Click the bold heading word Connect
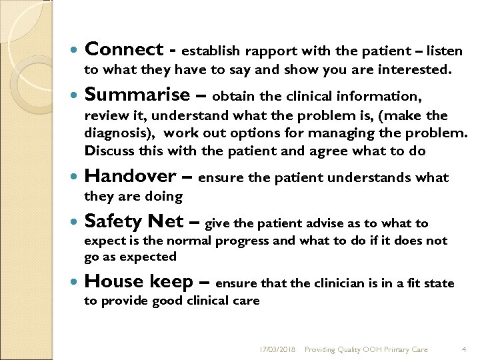click(124, 49)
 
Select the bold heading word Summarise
click(137, 95)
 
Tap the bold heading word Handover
click(131, 177)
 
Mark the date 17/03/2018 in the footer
click(278, 349)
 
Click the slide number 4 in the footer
click(463, 349)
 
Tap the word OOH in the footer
click(377, 349)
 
